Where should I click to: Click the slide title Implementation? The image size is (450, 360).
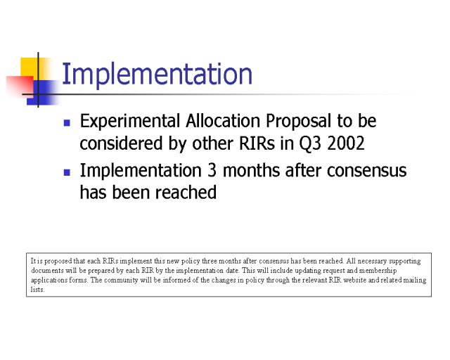(x=157, y=74)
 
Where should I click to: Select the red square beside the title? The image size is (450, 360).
(x=20, y=85)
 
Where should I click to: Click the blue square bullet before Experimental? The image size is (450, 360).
(x=67, y=123)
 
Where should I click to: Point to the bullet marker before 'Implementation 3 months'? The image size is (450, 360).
(x=67, y=172)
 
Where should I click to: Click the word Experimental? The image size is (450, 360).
(x=130, y=122)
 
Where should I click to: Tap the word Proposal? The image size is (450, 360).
(x=298, y=122)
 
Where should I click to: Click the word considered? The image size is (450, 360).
(x=121, y=143)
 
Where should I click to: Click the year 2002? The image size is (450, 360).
(x=346, y=143)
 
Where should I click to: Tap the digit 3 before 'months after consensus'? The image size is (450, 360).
(x=212, y=170)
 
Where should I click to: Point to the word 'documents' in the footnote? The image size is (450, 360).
(x=47, y=271)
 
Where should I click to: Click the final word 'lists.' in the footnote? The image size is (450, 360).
(x=37, y=290)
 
